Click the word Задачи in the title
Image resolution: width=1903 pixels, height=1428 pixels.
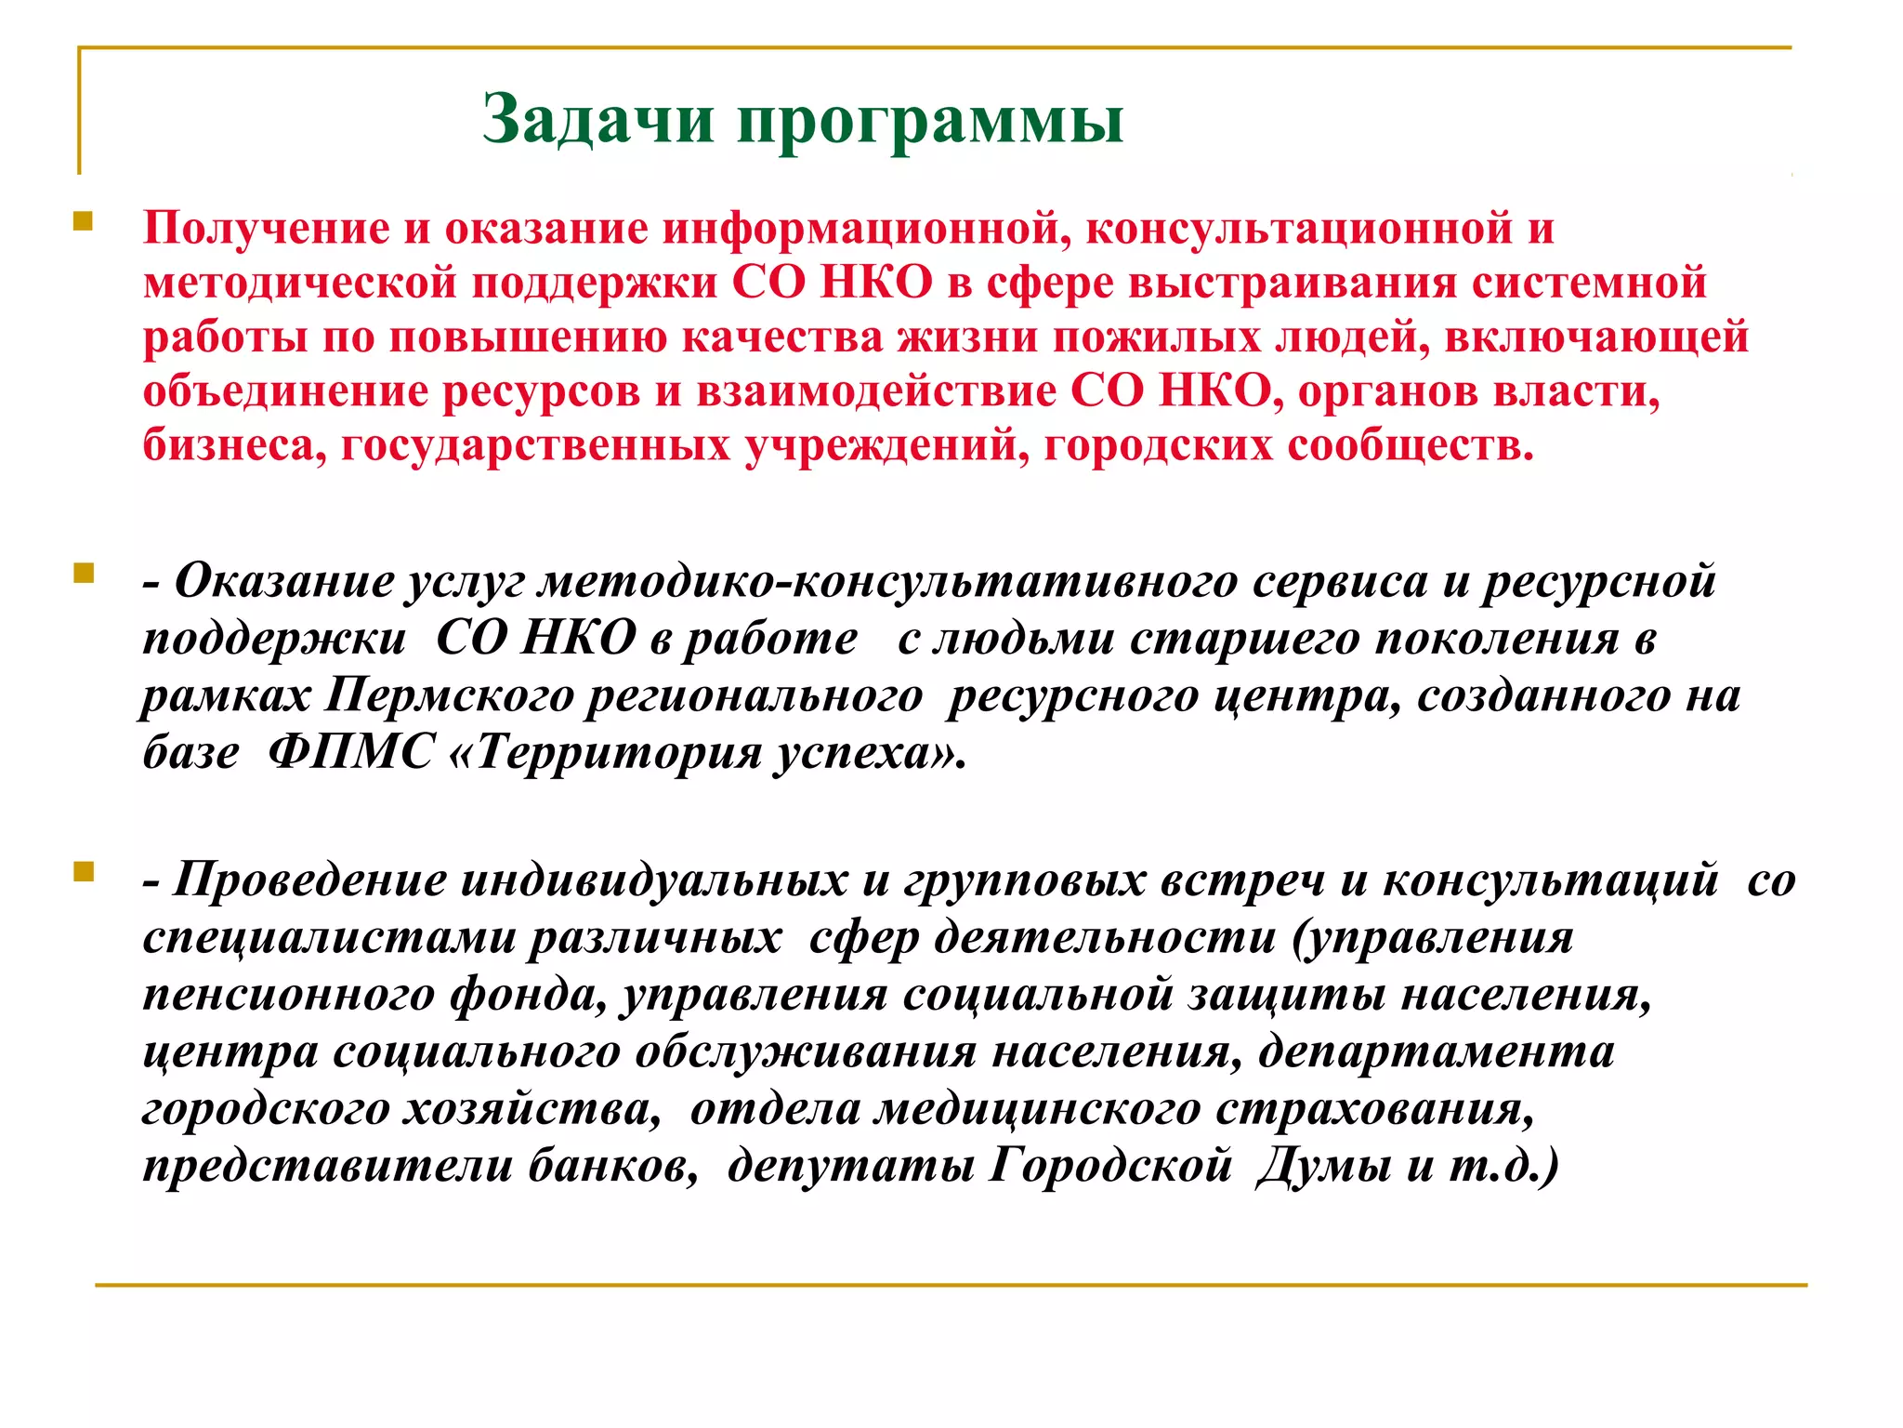(597, 120)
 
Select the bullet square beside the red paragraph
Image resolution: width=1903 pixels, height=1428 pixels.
(84, 221)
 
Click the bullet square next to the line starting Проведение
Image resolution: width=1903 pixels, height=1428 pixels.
(84, 871)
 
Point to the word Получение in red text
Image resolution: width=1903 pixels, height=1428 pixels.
(266, 229)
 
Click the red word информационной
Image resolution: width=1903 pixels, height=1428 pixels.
(860, 229)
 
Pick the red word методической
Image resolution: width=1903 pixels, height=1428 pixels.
(300, 283)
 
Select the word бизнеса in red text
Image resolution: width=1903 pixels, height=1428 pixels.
(234, 446)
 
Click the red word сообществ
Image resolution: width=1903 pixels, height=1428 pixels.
(1410, 446)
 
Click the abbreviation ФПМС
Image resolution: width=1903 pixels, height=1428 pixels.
(350, 751)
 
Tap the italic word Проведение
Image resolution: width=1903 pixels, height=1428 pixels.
(309, 879)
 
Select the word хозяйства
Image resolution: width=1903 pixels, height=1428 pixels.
(531, 1108)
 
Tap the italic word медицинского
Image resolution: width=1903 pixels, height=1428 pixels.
(1039, 1108)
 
